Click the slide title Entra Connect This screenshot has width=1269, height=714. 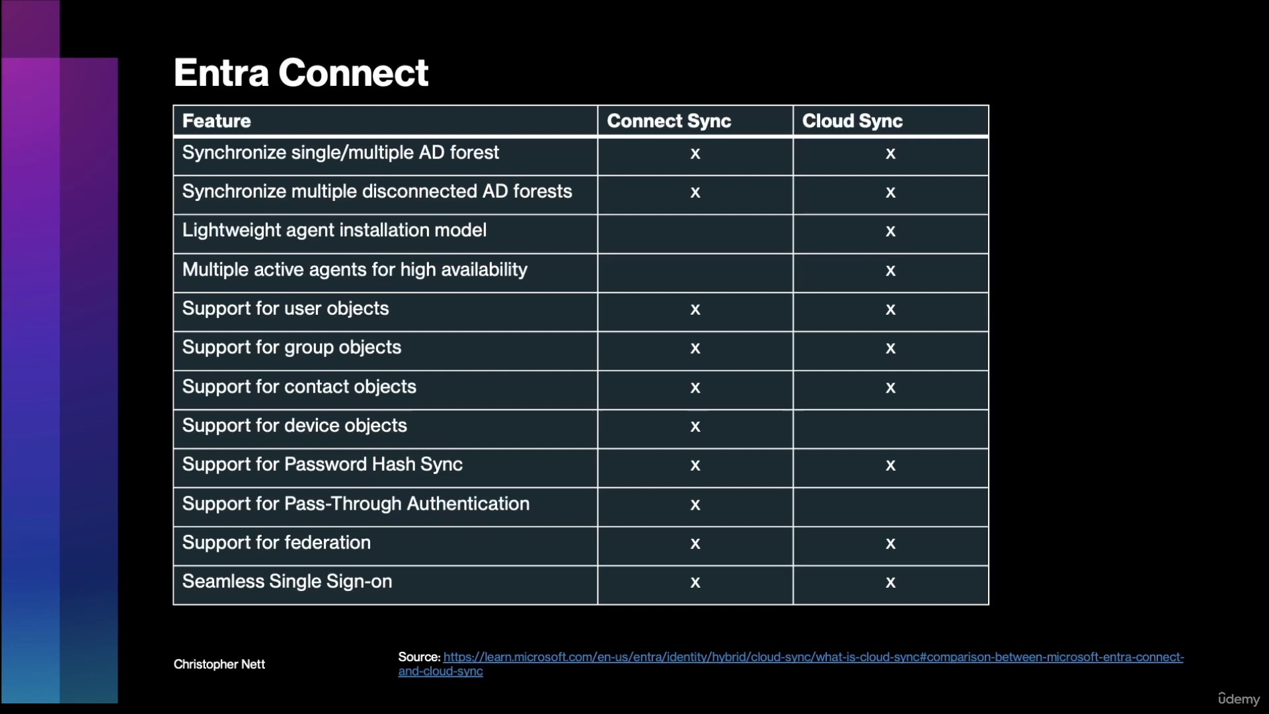(x=301, y=72)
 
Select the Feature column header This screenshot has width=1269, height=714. (x=217, y=121)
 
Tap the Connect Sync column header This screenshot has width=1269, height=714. (x=669, y=121)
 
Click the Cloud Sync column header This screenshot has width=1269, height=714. (x=852, y=121)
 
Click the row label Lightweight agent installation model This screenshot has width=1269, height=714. (x=334, y=230)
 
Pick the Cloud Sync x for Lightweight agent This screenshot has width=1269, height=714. (x=890, y=231)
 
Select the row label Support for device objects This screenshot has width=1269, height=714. (x=295, y=425)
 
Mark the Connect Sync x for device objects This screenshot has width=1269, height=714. (x=695, y=426)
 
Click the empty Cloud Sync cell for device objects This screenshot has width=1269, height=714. (x=891, y=429)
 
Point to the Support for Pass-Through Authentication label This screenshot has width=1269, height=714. (x=356, y=504)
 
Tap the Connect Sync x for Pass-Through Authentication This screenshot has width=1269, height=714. (x=695, y=504)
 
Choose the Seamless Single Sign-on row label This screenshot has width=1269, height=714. (x=287, y=582)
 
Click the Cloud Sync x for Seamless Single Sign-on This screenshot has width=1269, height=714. (x=890, y=582)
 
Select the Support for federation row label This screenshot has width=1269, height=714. (x=276, y=543)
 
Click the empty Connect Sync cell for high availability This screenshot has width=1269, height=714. (x=695, y=273)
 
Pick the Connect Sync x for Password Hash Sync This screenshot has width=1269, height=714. (x=695, y=465)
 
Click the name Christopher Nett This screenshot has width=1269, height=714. (x=219, y=664)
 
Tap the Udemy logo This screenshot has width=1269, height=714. (x=1239, y=698)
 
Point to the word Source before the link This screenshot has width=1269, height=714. (x=419, y=657)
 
